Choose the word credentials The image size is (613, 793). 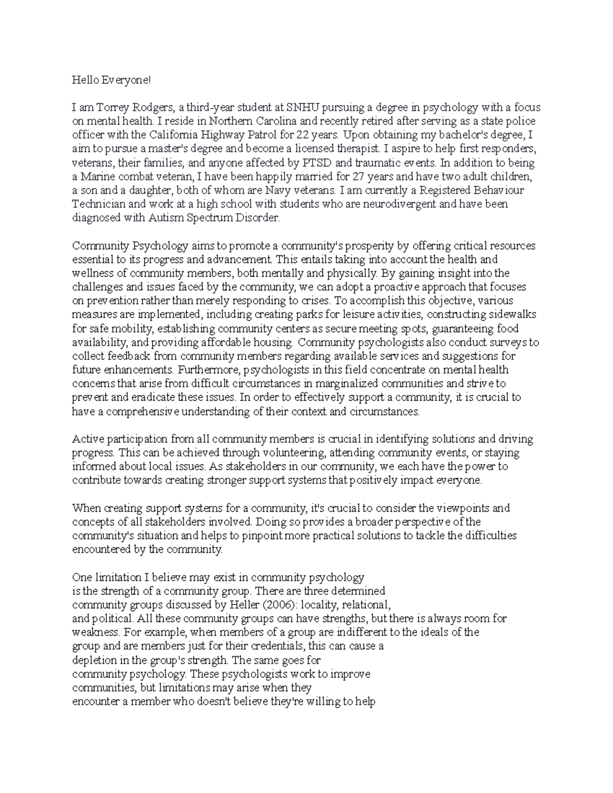(x=274, y=646)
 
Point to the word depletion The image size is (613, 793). (x=91, y=660)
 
